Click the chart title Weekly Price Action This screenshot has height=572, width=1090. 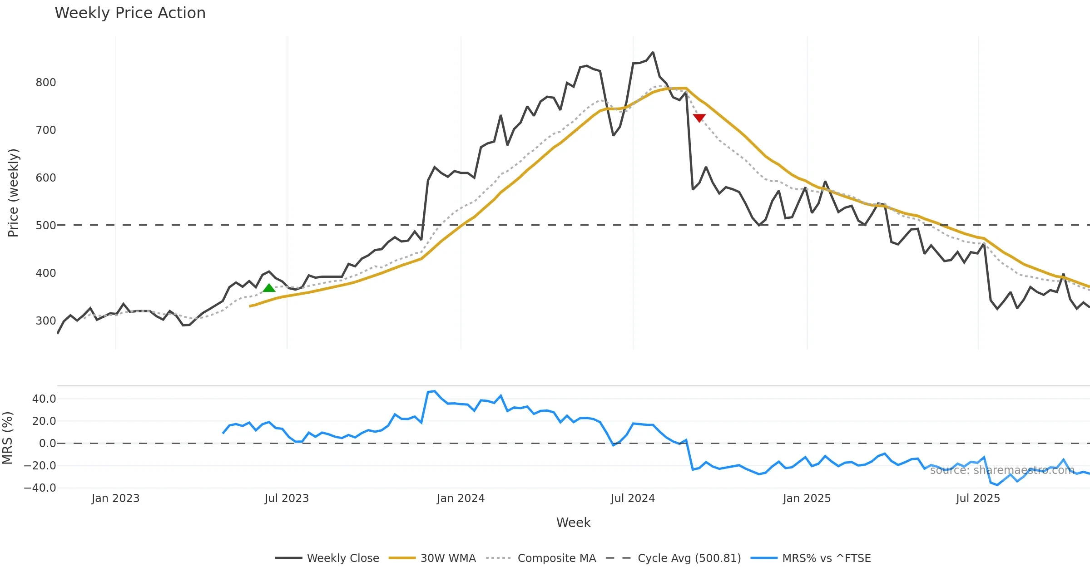pos(130,13)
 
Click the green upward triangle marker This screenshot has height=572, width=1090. pos(269,288)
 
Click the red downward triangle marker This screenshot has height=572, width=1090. pos(699,118)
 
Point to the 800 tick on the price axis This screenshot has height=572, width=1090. pos(46,83)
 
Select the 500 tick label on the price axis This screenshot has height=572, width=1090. pos(46,226)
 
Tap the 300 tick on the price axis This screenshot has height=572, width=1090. pos(46,321)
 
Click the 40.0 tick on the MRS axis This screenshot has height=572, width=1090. pos(44,399)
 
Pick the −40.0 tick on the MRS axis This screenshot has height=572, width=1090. pos(40,488)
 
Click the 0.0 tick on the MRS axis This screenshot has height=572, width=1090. pos(47,444)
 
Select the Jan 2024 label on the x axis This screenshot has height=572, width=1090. pos(461,498)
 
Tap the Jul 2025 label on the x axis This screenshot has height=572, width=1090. pos(978,498)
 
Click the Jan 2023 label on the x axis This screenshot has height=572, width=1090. pos(115,498)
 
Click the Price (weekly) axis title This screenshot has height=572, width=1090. pos(13,193)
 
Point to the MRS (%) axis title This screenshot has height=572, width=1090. pos(7,438)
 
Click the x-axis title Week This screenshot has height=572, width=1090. pos(573,523)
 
